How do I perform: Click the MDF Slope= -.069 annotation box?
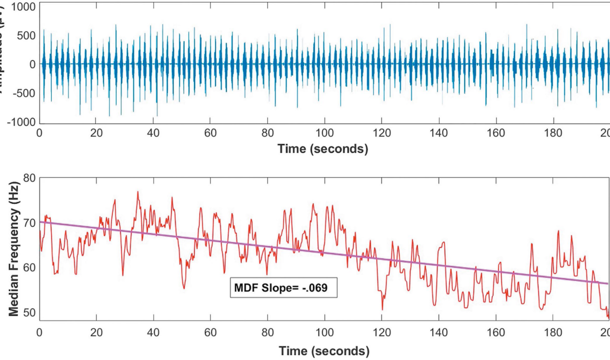[283, 288]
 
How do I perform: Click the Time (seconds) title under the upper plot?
[323, 149]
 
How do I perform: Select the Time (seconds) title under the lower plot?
[324, 350]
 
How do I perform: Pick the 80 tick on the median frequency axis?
[30, 178]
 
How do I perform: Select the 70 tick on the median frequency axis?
[30, 221]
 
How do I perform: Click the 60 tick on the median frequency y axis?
[30, 267]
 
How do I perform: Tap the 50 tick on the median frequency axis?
[30, 313]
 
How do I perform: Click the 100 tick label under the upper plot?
[324, 134]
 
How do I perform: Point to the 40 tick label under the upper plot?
[153, 134]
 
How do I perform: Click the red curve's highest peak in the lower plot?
[137, 191]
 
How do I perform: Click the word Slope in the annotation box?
[276, 288]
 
